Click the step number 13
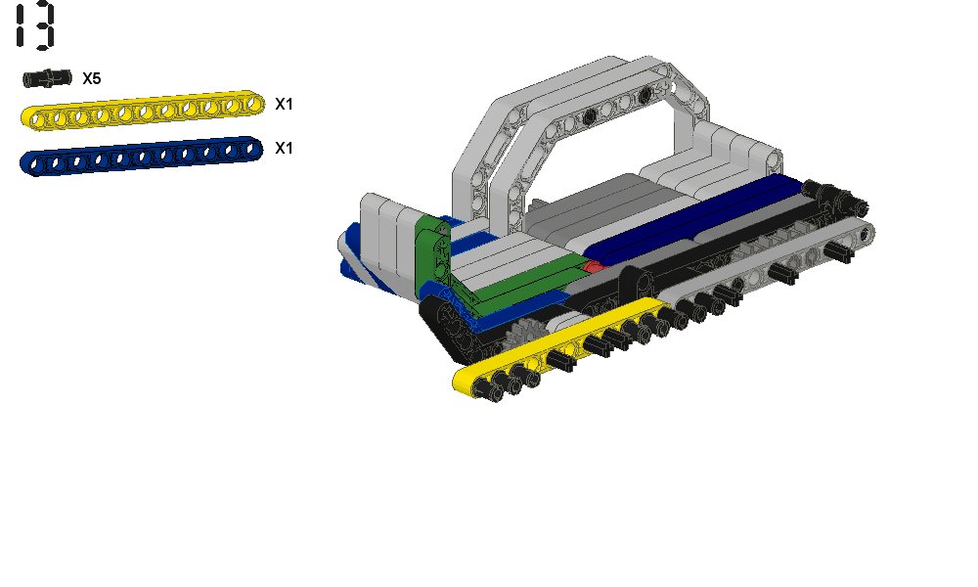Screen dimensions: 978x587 35,26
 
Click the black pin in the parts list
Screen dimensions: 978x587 47,78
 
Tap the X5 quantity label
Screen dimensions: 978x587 92,78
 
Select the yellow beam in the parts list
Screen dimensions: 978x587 142,111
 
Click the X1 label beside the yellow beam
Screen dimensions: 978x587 284,104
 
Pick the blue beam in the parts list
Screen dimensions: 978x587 142,156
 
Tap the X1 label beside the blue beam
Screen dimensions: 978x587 284,149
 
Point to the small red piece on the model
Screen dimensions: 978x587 594,266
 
